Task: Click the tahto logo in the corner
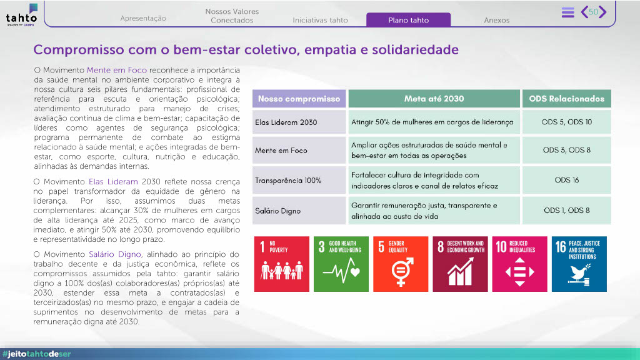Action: point(22,15)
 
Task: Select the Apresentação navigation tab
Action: point(143,18)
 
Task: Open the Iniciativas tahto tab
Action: point(320,20)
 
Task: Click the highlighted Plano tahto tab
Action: point(408,19)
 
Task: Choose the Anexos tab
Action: point(496,20)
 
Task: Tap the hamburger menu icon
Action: point(567,12)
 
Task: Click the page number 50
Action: point(593,12)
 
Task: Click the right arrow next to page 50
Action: point(603,12)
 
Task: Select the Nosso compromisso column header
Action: point(299,99)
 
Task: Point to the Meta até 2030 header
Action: point(434,99)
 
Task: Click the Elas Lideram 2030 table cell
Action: point(299,122)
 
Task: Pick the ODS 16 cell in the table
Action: point(566,180)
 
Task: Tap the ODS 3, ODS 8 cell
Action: point(566,150)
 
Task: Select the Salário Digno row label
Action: point(277,211)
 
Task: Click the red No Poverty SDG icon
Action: point(282,264)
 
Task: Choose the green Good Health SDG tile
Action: point(341,264)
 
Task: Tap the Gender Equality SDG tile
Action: point(401,264)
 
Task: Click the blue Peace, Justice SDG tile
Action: point(579,264)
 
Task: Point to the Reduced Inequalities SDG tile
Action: point(519,264)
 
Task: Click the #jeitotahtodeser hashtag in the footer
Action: point(37,354)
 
